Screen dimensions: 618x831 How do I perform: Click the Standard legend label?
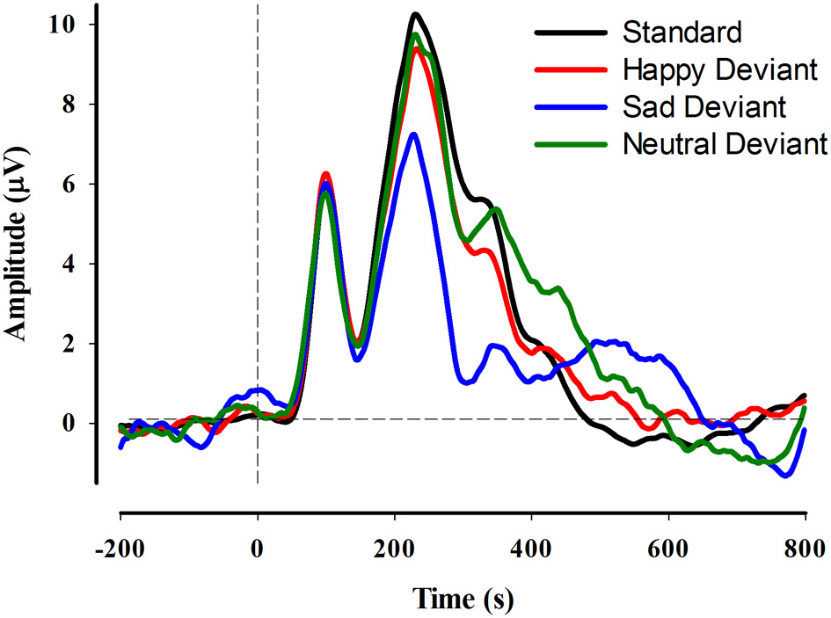click(x=682, y=33)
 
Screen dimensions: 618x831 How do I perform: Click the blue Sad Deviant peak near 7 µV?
click(x=413, y=134)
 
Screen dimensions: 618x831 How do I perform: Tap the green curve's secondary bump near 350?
click(x=497, y=208)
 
